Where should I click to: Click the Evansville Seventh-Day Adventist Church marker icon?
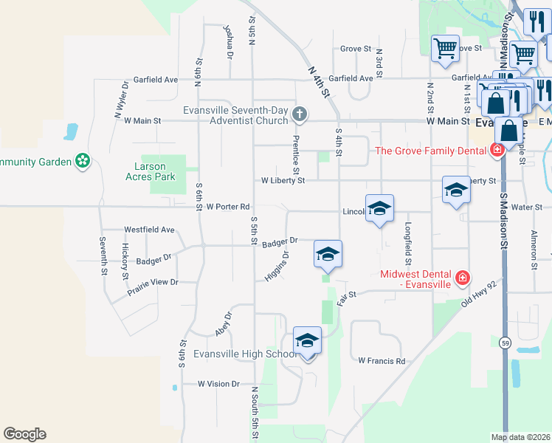[x=299, y=114]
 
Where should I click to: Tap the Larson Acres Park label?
[x=151, y=172]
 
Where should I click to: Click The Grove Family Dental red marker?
[x=497, y=151]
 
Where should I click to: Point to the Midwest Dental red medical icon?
[x=462, y=278]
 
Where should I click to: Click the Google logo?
[x=24, y=434]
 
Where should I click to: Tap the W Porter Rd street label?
[x=229, y=207]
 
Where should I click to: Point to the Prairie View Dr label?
[x=153, y=282]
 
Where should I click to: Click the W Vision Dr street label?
[x=219, y=384]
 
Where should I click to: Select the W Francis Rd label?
[x=382, y=361]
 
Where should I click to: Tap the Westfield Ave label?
[x=149, y=230]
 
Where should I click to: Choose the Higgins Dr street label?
[x=277, y=266]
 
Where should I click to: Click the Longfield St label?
[x=407, y=244]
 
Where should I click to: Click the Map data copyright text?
[x=521, y=437]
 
